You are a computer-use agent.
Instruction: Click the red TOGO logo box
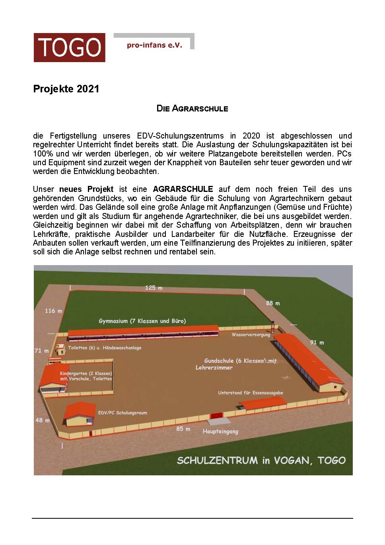(x=69, y=47)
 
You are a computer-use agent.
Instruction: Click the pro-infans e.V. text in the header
(x=154, y=45)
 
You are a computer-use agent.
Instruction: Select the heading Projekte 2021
(x=66, y=89)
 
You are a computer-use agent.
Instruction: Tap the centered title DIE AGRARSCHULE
(x=192, y=108)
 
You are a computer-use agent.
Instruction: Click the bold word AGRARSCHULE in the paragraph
(x=183, y=189)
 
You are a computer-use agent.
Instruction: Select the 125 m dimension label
(x=154, y=287)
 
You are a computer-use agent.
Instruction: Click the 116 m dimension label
(x=53, y=311)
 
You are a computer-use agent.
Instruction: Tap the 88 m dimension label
(x=273, y=303)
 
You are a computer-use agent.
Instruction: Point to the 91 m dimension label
(x=317, y=342)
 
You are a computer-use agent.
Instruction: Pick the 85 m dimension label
(x=183, y=429)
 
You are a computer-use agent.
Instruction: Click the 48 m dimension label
(x=43, y=420)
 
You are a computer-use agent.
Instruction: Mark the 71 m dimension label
(x=41, y=351)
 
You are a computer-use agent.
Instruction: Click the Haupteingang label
(x=220, y=431)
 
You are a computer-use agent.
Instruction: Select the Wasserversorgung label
(x=251, y=334)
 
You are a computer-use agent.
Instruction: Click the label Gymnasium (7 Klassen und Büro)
(x=142, y=321)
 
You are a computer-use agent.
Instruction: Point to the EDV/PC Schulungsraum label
(x=122, y=413)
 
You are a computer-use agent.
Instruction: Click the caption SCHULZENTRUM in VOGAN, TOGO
(x=261, y=460)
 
